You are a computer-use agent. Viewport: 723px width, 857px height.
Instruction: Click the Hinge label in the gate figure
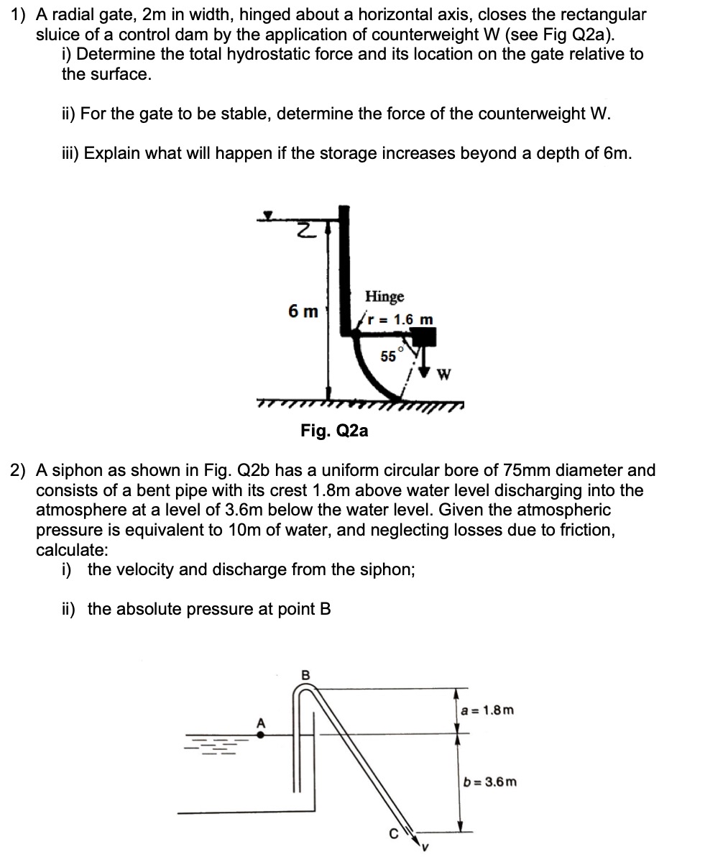(384, 296)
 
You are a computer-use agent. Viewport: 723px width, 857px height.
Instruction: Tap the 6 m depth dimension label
(303, 311)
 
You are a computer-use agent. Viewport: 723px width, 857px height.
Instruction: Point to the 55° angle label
(390, 355)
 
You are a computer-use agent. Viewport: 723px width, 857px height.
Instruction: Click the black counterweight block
(425, 337)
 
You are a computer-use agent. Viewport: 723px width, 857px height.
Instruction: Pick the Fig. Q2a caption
(334, 431)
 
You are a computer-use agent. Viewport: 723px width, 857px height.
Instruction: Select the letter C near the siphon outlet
(393, 835)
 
